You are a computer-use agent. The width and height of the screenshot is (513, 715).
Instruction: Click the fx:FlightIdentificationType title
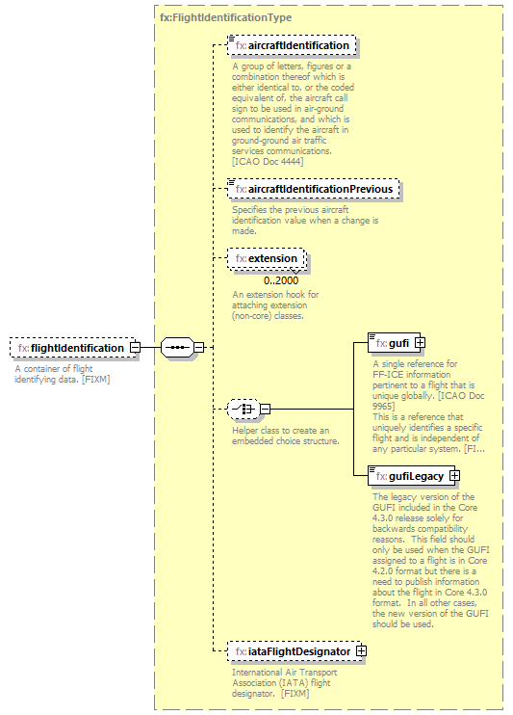(x=226, y=17)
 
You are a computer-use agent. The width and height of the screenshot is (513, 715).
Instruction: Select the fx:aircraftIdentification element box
(x=292, y=45)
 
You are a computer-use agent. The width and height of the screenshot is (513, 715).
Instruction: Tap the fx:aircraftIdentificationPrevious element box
(x=313, y=189)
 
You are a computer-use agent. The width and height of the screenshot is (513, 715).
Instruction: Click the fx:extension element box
(x=267, y=259)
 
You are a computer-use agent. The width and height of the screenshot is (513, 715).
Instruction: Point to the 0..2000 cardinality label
(x=281, y=280)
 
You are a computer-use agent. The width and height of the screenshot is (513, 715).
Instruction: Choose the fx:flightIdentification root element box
(x=70, y=348)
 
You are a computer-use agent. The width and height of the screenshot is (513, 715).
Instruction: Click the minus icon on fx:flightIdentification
(x=136, y=347)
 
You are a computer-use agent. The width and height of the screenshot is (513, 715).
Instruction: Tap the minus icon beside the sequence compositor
(x=198, y=347)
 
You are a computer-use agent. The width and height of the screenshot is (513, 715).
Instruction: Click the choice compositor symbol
(x=242, y=409)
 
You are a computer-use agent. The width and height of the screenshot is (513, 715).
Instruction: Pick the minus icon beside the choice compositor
(x=265, y=409)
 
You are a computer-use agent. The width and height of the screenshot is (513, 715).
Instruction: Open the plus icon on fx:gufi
(x=420, y=343)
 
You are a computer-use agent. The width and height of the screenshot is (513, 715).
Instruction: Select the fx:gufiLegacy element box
(x=408, y=476)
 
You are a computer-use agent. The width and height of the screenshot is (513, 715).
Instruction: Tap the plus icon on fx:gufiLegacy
(x=454, y=476)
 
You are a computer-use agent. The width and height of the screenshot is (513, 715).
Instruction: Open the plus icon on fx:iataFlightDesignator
(x=361, y=652)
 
